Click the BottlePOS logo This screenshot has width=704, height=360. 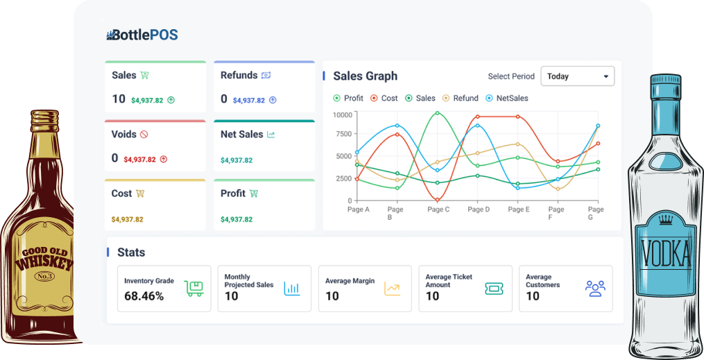pyautogui.click(x=142, y=34)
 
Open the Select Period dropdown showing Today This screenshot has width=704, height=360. pyautogui.click(x=577, y=76)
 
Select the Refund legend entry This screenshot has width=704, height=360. pyautogui.click(x=461, y=98)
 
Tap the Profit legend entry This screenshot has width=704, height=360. pyautogui.click(x=348, y=98)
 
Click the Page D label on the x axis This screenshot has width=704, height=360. pyautogui.click(x=479, y=209)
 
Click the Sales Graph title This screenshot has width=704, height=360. pyautogui.click(x=365, y=76)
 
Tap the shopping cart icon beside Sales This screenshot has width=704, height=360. pyautogui.click(x=144, y=75)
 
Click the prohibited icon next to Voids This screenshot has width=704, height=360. pyautogui.click(x=144, y=135)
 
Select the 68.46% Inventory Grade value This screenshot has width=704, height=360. pyautogui.click(x=144, y=296)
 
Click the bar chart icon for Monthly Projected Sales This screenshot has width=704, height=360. pyautogui.click(x=292, y=289)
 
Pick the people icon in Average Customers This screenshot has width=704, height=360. pyautogui.click(x=595, y=289)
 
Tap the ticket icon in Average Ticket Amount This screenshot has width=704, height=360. pyautogui.click(x=493, y=289)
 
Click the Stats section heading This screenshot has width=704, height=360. pyautogui.click(x=131, y=252)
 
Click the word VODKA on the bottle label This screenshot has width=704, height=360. pyautogui.click(x=667, y=254)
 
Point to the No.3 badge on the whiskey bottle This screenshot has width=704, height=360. pyautogui.click(x=45, y=277)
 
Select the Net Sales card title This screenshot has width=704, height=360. pyautogui.click(x=241, y=134)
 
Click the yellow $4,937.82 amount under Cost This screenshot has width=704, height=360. pyautogui.click(x=127, y=219)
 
